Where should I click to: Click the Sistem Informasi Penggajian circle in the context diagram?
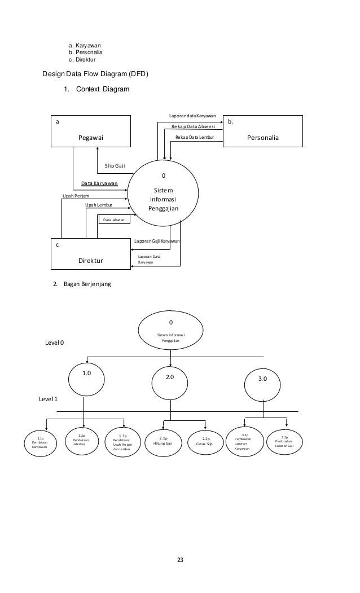[x=164, y=195]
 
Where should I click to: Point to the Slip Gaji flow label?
[x=115, y=166]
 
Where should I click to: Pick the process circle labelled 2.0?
[x=170, y=378]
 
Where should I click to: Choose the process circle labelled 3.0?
[x=264, y=381]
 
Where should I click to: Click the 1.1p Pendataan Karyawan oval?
[x=39, y=441]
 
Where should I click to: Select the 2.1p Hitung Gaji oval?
[x=163, y=441]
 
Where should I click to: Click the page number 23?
[x=180, y=560]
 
